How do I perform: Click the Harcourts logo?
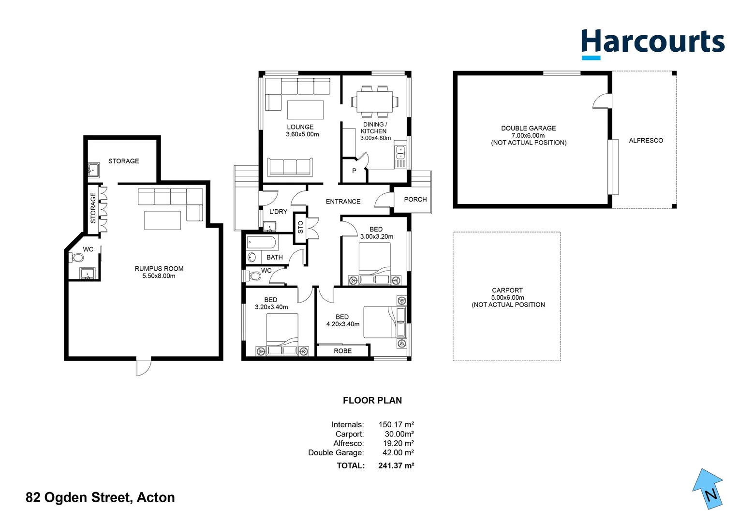[652, 43]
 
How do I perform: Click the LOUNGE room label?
[300, 127]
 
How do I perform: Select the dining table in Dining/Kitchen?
[372, 101]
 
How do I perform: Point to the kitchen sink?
[400, 153]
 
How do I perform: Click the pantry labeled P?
[354, 171]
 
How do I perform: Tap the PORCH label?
[415, 199]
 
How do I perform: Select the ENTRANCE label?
[343, 202]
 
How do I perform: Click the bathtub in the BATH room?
[261, 242]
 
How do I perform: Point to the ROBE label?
[342, 351]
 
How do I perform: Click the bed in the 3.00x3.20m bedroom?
[374, 263]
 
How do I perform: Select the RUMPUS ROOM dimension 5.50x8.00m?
[159, 276]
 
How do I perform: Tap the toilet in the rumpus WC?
[77, 258]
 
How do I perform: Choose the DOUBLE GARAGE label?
[528, 128]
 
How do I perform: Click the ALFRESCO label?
[646, 141]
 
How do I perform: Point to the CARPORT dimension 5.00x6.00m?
[507, 298]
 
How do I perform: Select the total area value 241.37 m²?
[396, 465]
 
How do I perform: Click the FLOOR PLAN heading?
[372, 400]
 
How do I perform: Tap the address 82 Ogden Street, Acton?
[100, 497]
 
